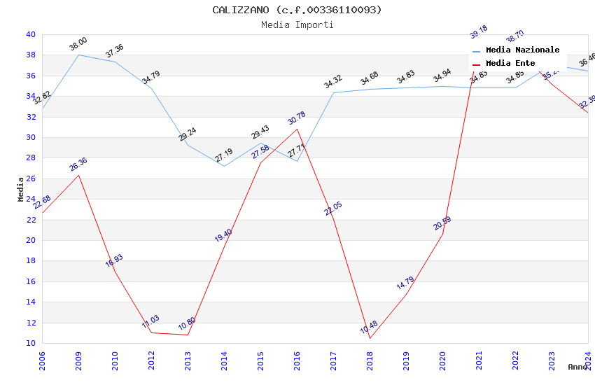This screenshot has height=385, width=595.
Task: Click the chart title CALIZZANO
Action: coord(297,10)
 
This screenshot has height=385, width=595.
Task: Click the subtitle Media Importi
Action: coord(297,24)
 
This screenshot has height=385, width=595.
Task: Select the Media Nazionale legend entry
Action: coord(522,50)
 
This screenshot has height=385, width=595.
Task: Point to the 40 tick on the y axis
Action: coord(30,34)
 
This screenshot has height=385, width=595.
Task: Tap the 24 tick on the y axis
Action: coord(30,199)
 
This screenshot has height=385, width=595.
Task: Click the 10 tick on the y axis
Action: coord(30,343)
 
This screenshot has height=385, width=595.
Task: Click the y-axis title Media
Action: coord(21,189)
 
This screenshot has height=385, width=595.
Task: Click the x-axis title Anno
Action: coord(577,367)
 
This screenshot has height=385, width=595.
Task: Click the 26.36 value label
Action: coord(78,164)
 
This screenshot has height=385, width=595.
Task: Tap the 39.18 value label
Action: coord(479,33)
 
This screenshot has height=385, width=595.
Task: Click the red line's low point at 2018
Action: coord(370,338)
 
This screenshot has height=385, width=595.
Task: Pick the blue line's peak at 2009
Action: coord(78,55)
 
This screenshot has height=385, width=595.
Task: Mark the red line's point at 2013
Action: coord(188,335)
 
